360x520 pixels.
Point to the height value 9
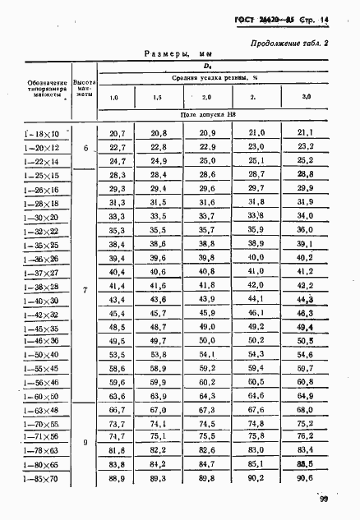pos(85,444)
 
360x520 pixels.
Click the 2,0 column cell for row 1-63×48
pos(208,409)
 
